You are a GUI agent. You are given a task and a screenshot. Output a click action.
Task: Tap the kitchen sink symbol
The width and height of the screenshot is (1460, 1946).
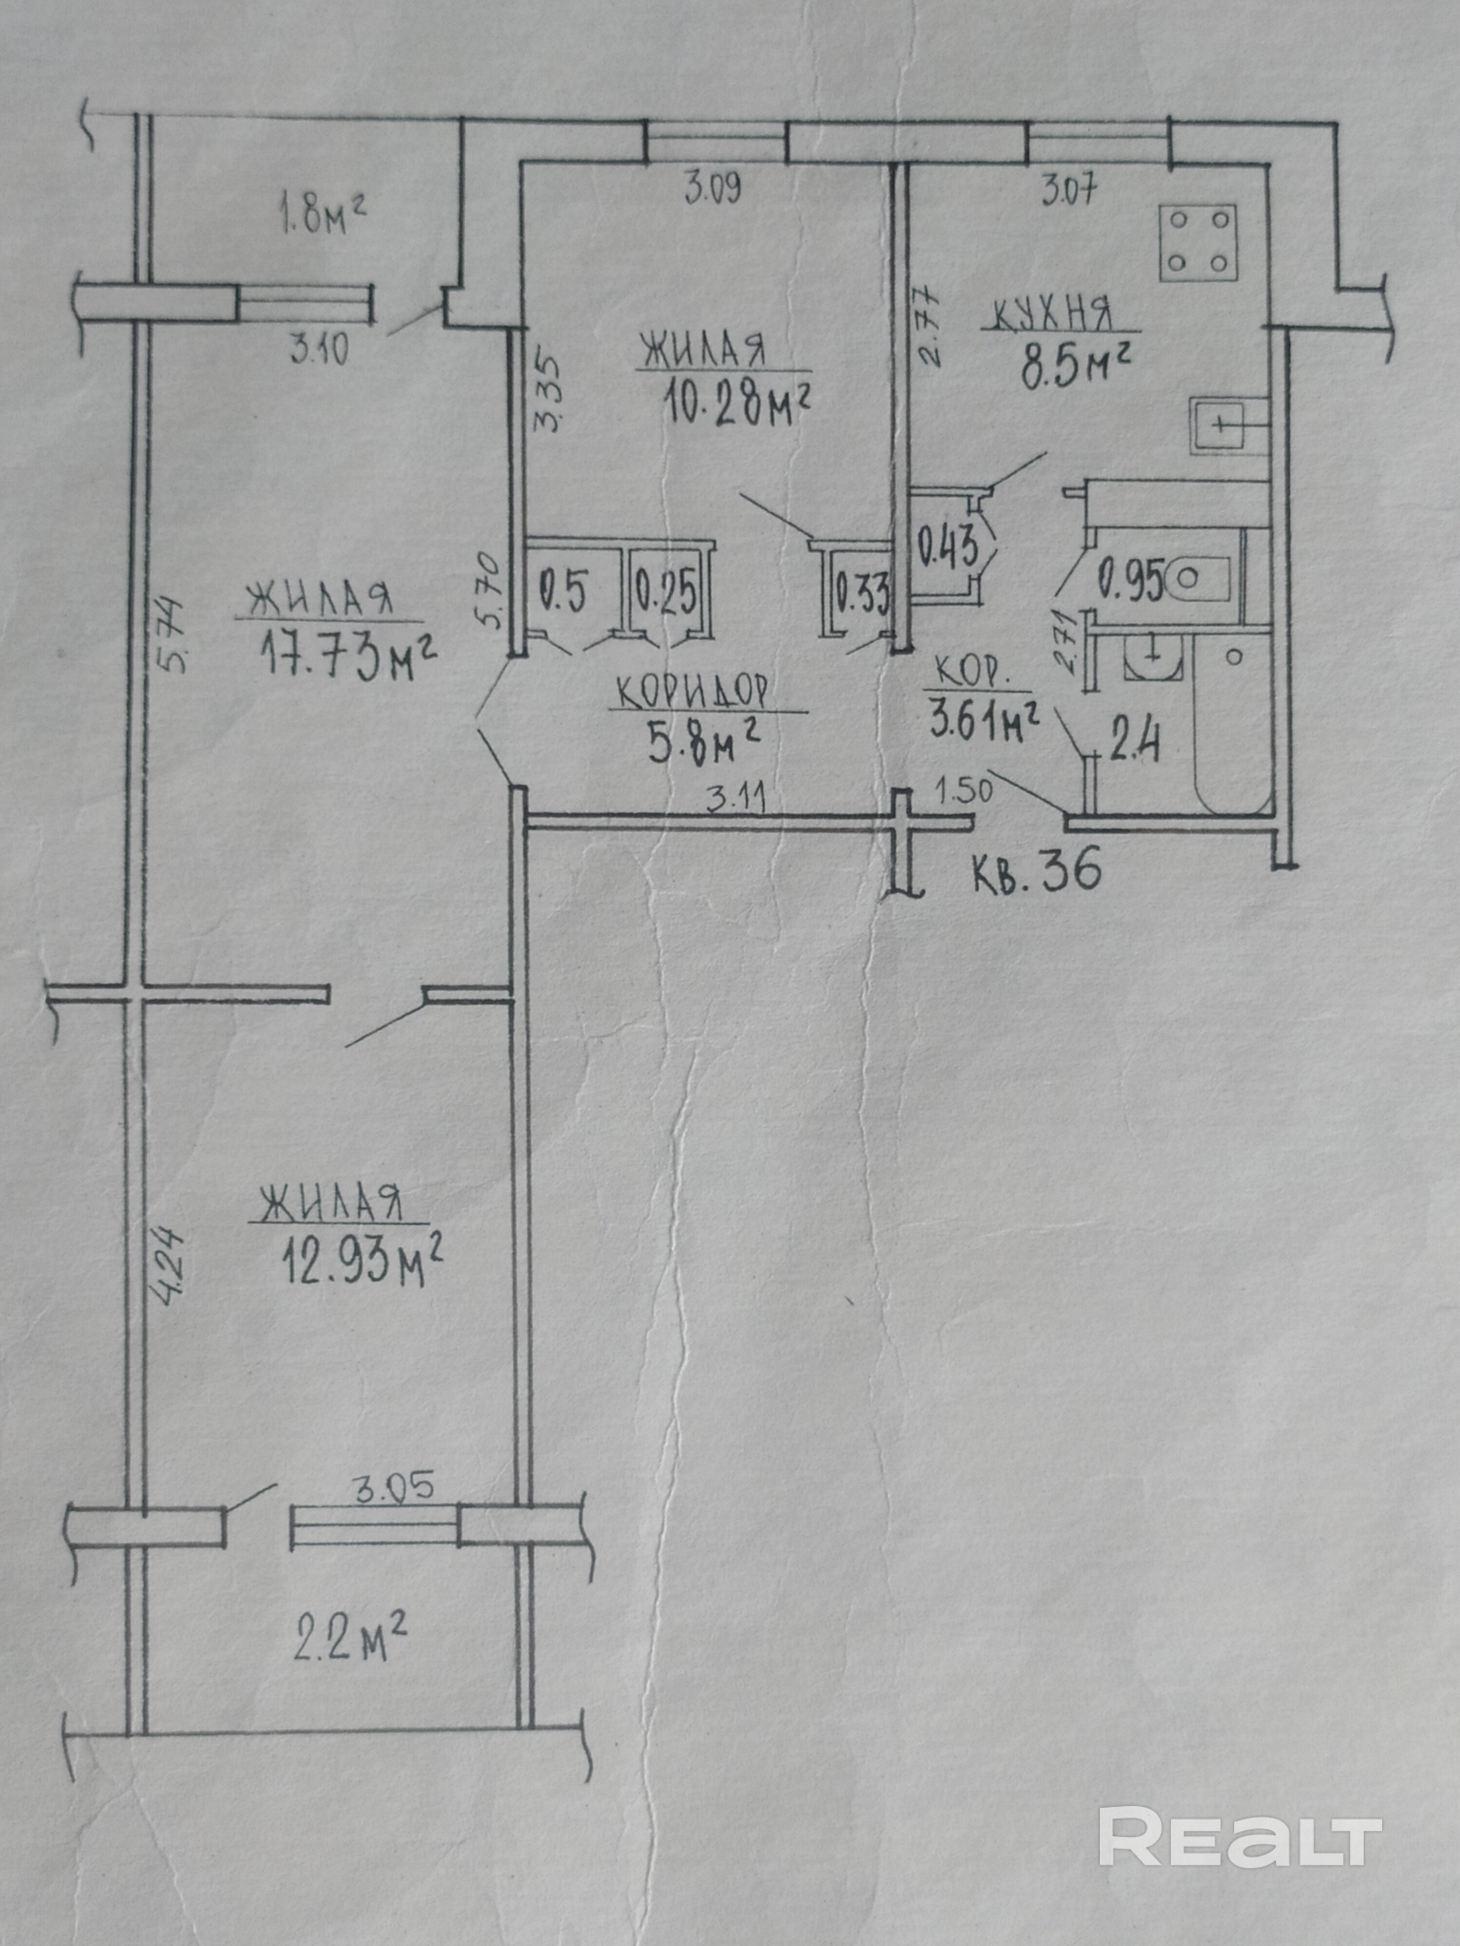point(1229,425)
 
